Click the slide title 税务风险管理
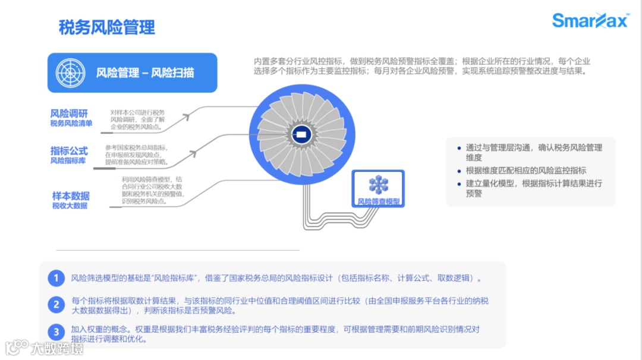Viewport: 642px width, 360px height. (107, 27)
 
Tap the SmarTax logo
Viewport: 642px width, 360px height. (590, 21)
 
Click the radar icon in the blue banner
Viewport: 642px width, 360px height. (71, 73)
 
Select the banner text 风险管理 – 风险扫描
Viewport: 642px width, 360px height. (145, 73)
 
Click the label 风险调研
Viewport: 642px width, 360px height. (70, 113)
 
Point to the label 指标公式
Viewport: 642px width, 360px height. (70, 151)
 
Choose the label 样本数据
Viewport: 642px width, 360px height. (71, 196)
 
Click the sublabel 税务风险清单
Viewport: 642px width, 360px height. (71, 124)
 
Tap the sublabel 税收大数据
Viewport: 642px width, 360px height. (70, 206)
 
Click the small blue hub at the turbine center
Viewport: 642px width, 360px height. (301, 134)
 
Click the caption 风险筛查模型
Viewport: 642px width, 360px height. (378, 201)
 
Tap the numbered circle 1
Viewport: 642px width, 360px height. (56, 278)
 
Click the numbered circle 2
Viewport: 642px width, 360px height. (56, 305)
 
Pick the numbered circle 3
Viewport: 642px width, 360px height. (56, 332)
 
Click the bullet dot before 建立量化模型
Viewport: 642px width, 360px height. (458, 184)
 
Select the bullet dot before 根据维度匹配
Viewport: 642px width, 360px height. (458, 170)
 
